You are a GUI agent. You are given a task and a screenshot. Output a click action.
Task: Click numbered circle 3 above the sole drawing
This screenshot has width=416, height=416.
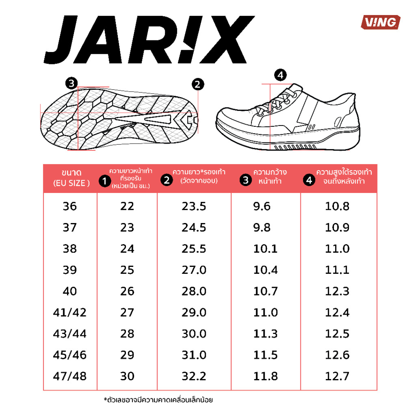[x=71, y=82]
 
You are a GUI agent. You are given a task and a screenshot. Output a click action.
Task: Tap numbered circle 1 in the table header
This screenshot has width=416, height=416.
[x=103, y=180]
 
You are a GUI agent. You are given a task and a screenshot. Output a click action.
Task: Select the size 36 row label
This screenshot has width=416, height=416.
[x=70, y=206]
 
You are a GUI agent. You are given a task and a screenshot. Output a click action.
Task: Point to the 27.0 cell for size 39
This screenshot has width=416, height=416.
[x=194, y=270]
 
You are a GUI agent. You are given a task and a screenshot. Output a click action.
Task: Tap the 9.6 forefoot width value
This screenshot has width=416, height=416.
[x=262, y=206]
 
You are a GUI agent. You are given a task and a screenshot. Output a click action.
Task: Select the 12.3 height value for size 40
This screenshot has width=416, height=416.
[x=337, y=291]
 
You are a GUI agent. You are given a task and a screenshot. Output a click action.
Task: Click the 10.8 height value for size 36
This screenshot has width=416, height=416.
[x=337, y=206]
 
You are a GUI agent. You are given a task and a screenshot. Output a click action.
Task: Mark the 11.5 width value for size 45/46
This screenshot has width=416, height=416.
[x=265, y=354]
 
